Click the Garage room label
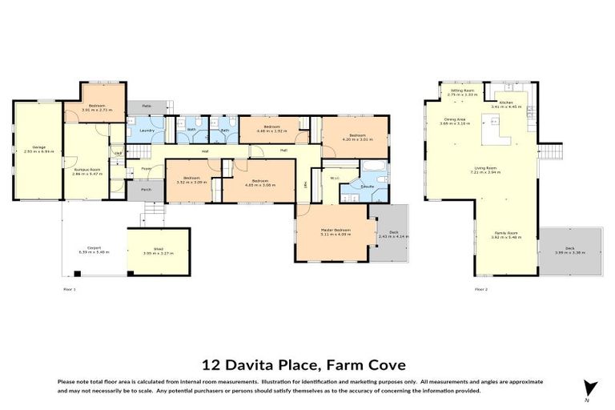38,148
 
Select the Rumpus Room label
86,170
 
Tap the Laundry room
147,130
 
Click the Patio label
147,106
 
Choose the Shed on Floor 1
158,250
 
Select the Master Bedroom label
336,231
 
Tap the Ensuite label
368,187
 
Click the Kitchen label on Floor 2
506,104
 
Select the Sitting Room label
462,92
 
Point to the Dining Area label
454,122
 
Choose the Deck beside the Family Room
569,250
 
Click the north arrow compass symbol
590,388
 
